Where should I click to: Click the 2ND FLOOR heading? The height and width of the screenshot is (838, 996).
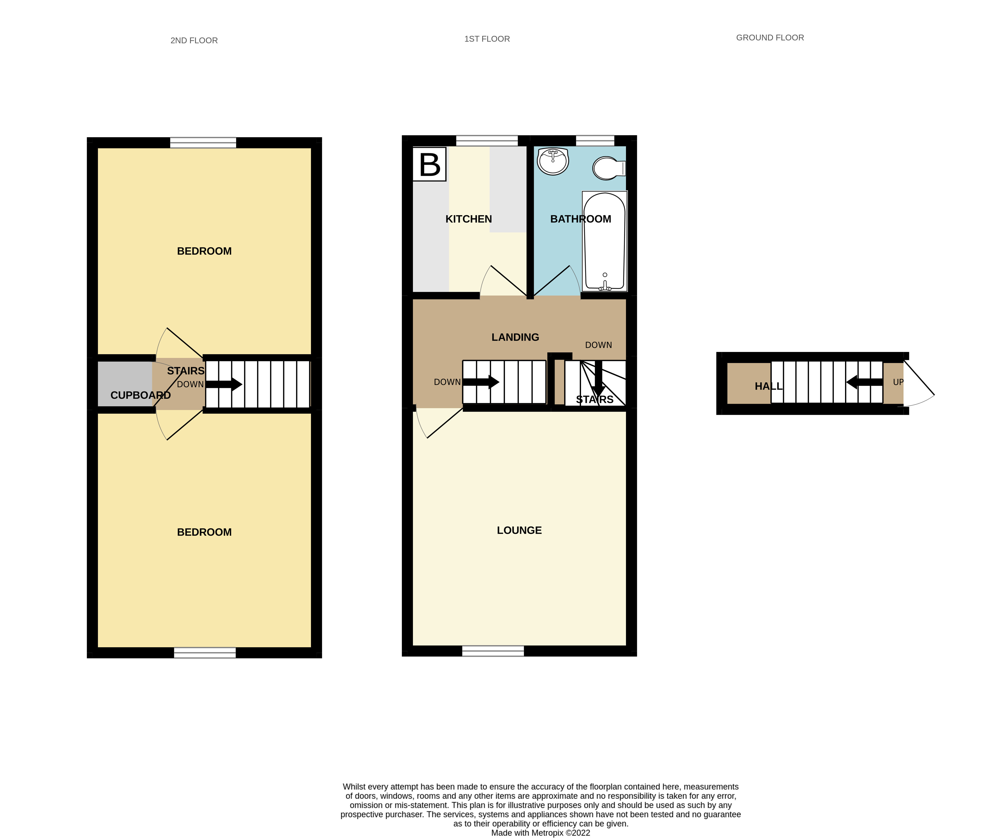pyautogui.click(x=194, y=40)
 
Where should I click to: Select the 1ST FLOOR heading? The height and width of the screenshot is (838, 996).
pyautogui.click(x=487, y=39)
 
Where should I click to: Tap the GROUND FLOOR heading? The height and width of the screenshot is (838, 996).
pyautogui.click(x=770, y=37)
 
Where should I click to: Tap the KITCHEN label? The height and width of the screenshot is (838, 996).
pyautogui.click(x=468, y=219)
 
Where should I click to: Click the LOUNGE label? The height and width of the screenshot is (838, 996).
pyautogui.click(x=519, y=530)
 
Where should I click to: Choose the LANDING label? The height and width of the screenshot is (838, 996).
pyautogui.click(x=515, y=337)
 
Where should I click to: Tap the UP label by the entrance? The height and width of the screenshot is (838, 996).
pyautogui.click(x=898, y=382)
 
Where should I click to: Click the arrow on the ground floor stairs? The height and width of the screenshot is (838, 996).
pyautogui.click(x=864, y=382)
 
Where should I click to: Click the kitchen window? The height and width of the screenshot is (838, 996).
pyautogui.click(x=487, y=141)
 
